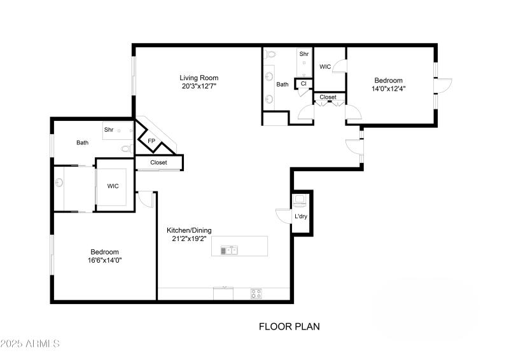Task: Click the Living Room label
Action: pyautogui.click(x=199, y=78)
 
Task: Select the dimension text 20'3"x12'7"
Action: pyautogui.click(x=199, y=87)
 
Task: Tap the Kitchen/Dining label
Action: pyautogui.click(x=189, y=230)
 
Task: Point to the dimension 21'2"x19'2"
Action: pyautogui.click(x=189, y=239)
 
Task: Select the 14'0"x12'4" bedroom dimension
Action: pyautogui.click(x=388, y=88)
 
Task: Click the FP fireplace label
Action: pyautogui.click(x=151, y=141)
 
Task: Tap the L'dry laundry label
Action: pyautogui.click(x=301, y=217)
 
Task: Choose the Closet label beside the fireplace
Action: pyautogui.click(x=158, y=163)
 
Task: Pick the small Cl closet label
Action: pyautogui.click(x=303, y=83)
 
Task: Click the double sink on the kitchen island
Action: pyautogui.click(x=228, y=251)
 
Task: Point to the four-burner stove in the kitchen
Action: pyautogui.click(x=256, y=294)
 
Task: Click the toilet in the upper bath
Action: pyautogui.click(x=270, y=55)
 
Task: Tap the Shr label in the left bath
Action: pyautogui.click(x=109, y=130)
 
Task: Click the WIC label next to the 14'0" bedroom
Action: pyautogui.click(x=324, y=66)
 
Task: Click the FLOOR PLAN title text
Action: pyautogui.click(x=289, y=326)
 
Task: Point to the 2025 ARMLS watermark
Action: pyautogui.click(x=30, y=343)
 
